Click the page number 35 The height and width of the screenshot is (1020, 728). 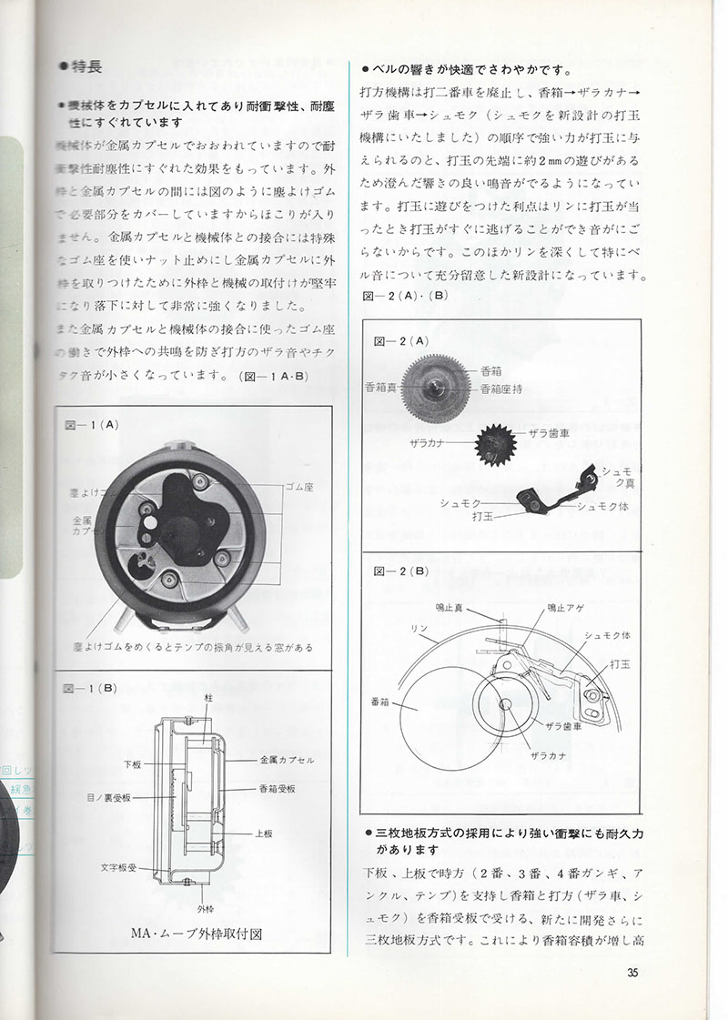[634, 974]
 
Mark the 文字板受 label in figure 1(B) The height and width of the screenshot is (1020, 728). [120, 867]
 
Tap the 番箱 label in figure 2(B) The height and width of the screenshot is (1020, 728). [379, 702]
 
